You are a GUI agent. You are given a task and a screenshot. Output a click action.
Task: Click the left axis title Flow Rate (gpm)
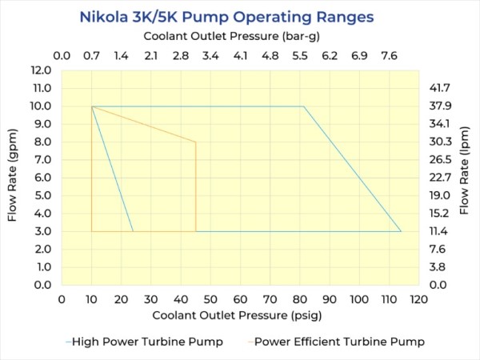(14, 177)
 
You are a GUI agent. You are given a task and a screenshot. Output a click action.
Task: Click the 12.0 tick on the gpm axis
(42, 70)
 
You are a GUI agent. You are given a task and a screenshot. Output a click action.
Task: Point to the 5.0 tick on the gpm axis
(42, 195)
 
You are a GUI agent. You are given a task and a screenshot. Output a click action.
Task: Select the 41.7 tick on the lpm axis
(441, 88)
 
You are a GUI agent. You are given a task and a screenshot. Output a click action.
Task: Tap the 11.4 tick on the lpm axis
(441, 231)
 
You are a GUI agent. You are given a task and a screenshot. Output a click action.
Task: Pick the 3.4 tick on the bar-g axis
(210, 56)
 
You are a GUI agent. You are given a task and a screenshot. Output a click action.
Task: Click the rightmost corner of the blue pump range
(401, 231)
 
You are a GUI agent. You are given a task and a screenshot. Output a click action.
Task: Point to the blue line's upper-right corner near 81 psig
(303, 106)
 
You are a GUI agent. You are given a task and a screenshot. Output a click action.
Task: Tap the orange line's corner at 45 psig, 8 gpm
(196, 142)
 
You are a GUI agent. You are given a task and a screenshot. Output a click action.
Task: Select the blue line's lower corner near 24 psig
(133, 231)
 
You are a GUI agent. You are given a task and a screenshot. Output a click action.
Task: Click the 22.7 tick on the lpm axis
(441, 178)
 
